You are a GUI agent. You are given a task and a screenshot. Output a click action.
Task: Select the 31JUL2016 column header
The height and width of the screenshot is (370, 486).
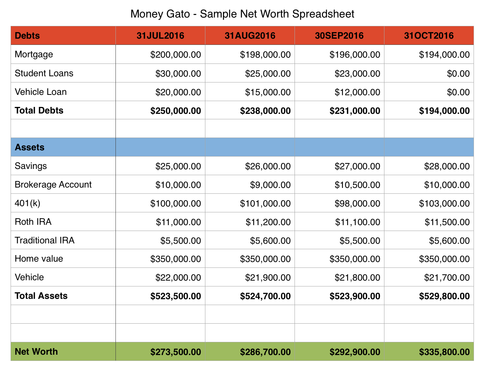pyautogui.click(x=160, y=36)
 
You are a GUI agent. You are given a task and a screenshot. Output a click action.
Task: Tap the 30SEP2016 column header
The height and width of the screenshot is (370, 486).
pyautogui.click(x=339, y=36)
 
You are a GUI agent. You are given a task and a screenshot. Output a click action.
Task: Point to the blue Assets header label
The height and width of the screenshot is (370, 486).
pyautogui.click(x=30, y=147)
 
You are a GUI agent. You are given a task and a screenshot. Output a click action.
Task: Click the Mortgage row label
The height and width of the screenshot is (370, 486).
pyautogui.click(x=34, y=54)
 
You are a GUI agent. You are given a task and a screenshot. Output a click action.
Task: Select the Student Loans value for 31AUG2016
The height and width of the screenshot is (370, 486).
pyautogui.click(x=268, y=74)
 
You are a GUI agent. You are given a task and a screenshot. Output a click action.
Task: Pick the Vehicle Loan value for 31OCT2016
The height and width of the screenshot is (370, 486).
pyautogui.click(x=458, y=92)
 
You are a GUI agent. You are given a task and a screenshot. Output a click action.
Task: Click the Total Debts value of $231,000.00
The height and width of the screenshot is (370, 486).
pyautogui.click(x=355, y=111)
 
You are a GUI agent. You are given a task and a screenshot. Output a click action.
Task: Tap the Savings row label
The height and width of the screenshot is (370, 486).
pyautogui.click(x=31, y=166)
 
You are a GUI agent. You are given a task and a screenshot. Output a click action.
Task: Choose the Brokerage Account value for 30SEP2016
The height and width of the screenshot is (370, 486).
pyautogui.click(x=357, y=185)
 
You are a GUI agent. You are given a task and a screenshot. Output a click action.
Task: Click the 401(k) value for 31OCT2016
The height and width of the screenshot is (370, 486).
pyautogui.click(x=444, y=204)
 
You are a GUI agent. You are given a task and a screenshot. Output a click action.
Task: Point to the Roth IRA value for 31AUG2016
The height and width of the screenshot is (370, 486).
pyautogui.click(x=268, y=222)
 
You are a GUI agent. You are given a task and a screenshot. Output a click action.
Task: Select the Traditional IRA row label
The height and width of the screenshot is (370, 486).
pyautogui.click(x=45, y=240)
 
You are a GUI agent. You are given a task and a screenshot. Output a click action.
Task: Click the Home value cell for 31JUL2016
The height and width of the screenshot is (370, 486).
pyautogui.click(x=176, y=259)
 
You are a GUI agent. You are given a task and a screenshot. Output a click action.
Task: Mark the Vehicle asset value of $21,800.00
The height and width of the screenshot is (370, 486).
pyautogui.click(x=357, y=278)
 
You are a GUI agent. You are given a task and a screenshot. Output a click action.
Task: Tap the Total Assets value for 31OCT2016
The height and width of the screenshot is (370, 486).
pyautogui.click(x=444, y=296)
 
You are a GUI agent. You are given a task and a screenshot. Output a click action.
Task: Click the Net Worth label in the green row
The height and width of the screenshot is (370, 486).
pyautogui.click(x=36, y=352)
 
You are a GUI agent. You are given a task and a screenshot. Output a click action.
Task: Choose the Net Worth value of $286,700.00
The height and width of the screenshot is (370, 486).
pyautogui.click(x=265, y=352)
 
